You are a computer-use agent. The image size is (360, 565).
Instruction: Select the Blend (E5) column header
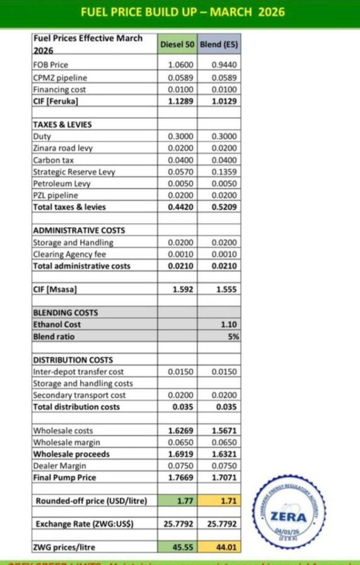[219, 44]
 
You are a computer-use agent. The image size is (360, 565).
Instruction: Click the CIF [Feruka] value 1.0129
[224, 101]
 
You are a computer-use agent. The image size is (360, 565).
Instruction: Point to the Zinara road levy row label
[63, 148]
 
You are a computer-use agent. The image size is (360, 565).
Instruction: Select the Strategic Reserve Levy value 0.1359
[224, 172]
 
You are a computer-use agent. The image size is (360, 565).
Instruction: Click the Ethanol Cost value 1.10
[228, 325]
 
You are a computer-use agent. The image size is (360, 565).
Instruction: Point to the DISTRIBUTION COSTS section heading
[73, 360]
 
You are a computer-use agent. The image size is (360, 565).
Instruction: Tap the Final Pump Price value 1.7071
[224, 477]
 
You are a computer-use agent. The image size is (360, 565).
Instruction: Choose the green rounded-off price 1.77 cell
[183, 501]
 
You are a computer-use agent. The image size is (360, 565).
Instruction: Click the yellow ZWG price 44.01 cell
[225, 547]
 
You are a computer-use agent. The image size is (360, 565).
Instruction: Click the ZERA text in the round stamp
[296, 517]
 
